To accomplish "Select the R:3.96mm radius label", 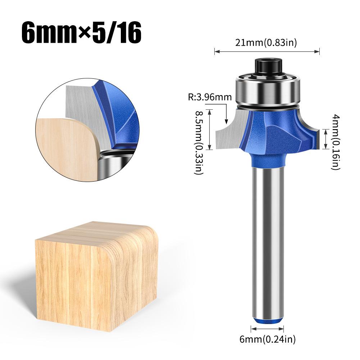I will click(209, 97).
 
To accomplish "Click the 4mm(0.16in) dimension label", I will click(334, 142).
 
